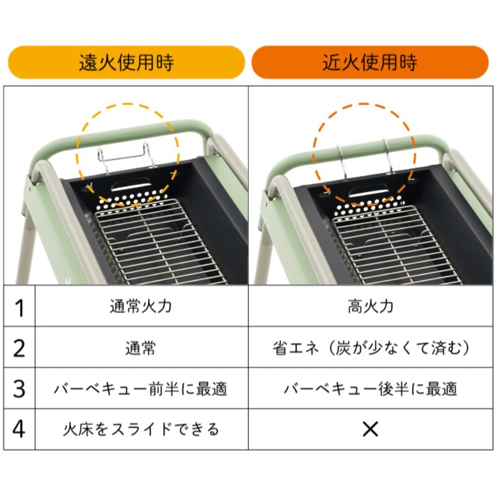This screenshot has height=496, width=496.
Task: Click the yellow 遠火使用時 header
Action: pos(126,62)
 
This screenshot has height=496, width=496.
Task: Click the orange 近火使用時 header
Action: pos(370,62)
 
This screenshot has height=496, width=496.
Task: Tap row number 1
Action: pos(19,307)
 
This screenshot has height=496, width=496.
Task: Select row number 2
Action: pos(19,348)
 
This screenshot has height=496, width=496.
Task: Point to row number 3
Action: pos(19,388)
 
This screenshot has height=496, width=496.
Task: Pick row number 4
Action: pos(19,430)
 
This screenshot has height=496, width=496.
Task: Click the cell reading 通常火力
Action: pos(141,307)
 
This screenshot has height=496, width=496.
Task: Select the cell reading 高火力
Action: pos(370,307)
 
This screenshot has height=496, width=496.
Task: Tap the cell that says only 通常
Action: pos(141,348)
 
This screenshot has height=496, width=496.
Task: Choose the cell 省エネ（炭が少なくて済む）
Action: pos(370,348)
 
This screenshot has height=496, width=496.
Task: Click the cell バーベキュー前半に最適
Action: pos(141,388)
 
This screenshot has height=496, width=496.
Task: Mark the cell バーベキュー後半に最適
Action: pos(370,388)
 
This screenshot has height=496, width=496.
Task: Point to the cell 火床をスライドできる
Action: pos(141,430)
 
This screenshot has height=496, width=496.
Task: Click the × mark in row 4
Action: pos(370,430)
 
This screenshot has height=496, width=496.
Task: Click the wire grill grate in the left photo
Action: pos(155,242)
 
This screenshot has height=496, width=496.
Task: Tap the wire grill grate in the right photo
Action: pos(392,247)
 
